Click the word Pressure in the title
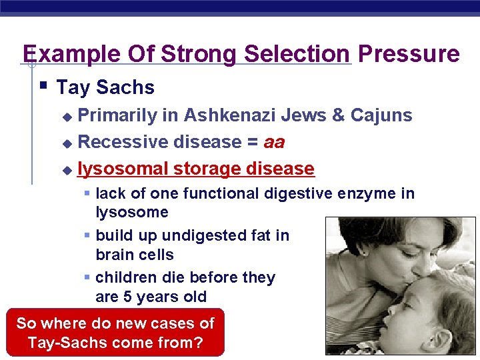click(409, 53)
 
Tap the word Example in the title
click(65, 53)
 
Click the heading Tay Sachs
click(105, 87)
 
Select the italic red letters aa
click(274, 142)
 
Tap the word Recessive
click(123, 142)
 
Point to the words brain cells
click(134, 255)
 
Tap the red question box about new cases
click(115, 333)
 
